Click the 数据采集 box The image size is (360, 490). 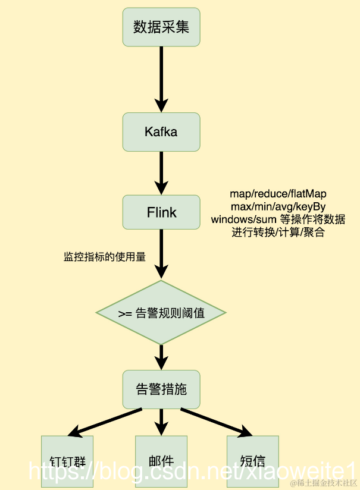point(161,27)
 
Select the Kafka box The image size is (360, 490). point(161,131)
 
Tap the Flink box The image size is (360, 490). point(161,212)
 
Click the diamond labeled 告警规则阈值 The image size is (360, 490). point(161,313)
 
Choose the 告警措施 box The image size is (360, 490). point(161,390)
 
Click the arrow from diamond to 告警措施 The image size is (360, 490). point(161,357)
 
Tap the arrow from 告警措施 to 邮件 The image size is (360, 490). point(161,422)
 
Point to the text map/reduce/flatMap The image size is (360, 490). point(278,194)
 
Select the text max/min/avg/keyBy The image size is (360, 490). point(278,206)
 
